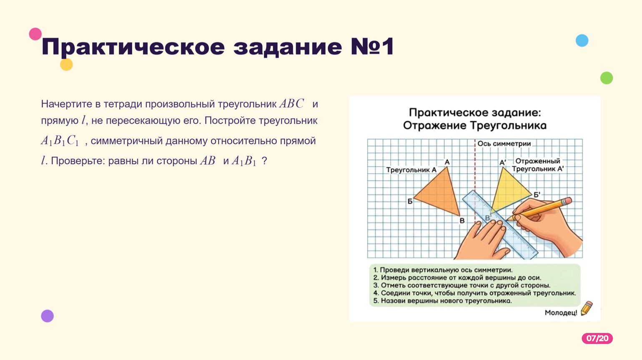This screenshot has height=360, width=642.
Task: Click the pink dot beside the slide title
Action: pos(35,34)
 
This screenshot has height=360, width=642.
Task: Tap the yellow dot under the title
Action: pos(67,65)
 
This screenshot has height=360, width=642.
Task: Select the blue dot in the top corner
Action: pos(582,40)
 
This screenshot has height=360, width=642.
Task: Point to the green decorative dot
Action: pos(607,78)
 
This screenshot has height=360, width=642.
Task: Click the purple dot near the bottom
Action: pos(47,316)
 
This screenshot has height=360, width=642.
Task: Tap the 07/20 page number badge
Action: pos(597,338)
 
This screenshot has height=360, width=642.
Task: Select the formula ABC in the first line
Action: pos(291,104)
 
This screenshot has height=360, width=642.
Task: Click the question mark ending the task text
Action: pos(264,160)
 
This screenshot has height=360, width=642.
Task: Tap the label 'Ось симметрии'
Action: pos(504,143)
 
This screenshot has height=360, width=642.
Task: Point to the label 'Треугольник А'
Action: pos(411,170)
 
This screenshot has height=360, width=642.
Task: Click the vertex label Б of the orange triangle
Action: pos(410,201)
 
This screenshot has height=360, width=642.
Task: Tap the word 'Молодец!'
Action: pos(561,313)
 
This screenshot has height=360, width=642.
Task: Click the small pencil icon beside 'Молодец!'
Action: pos(587,308)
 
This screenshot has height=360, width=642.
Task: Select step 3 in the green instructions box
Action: pos(462,285)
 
